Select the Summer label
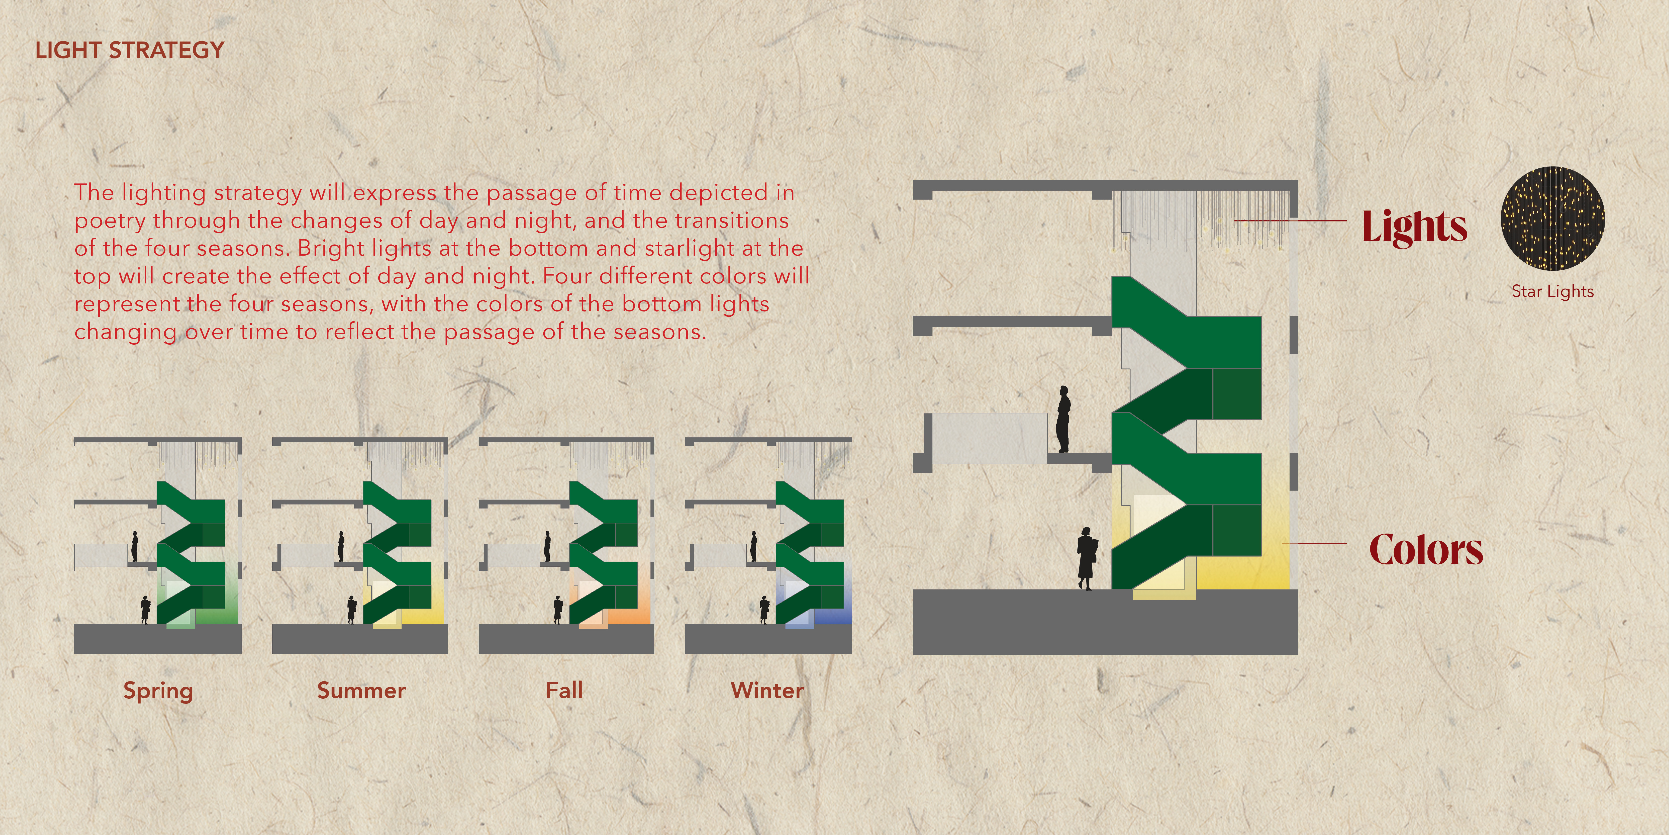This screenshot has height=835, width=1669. (361, 690)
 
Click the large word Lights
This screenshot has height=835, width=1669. (1414, 227)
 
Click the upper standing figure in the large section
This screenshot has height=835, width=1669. (1063, 419)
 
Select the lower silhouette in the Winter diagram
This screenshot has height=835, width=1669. (764, 609)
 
